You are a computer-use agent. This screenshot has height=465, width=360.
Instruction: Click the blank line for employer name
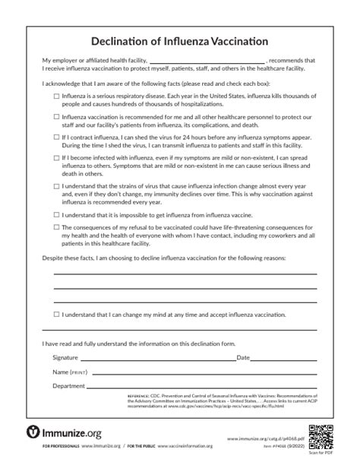click(x=207, y=60)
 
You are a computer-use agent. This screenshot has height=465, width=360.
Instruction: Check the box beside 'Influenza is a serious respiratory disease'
click(x=57, y=97)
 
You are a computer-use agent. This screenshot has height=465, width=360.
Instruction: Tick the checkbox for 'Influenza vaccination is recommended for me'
click(x=57, y=117)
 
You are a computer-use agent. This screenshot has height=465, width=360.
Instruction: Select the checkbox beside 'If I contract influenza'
click(x=57, y=138)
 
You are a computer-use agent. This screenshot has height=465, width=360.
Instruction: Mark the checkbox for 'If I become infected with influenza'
click(x=57, y=157)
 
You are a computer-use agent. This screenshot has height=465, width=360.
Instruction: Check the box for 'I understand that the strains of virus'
click(x=57, y=185)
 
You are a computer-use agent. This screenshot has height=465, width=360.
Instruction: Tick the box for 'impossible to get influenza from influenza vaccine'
click(x=57, y=216)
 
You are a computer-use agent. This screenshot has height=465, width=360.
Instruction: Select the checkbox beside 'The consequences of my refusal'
click(x=57, y=227)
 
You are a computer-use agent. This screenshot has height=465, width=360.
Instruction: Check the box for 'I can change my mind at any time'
click(x=57, y=314)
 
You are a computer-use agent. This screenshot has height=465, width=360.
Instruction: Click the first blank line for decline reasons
click(x=185, y=273)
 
